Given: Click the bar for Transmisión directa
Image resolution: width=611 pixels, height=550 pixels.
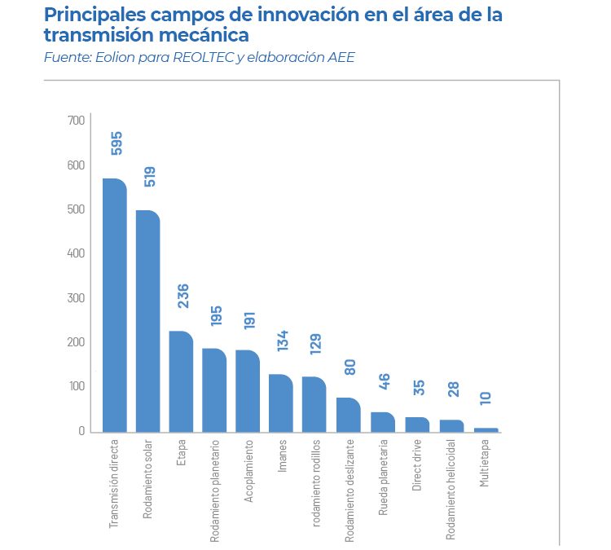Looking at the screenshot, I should pos(115,305).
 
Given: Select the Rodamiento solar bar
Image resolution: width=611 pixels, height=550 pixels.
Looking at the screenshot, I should pos(147,321).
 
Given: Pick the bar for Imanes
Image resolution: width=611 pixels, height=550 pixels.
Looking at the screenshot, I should pos(281,403).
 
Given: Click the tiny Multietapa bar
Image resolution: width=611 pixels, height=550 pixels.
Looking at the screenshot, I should pos(486,429).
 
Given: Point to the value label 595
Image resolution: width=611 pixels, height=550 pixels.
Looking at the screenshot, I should pos(116,142).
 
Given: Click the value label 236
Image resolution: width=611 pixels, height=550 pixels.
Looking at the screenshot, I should pos(183,296).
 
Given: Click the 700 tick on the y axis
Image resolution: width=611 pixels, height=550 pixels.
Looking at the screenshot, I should pos(77,121).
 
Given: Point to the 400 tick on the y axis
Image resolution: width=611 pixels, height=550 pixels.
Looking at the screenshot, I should pos(77,253).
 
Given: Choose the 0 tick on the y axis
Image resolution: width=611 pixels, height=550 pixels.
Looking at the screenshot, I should pos(81,431).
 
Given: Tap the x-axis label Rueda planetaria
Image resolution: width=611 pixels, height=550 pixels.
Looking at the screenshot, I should pos(383,477).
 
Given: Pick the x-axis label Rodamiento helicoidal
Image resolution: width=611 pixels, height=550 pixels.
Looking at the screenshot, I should pos(451,488).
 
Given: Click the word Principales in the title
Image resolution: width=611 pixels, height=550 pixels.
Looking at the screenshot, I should pos(97,15).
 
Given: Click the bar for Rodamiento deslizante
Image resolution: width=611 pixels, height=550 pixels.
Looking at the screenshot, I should pos(348,415).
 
